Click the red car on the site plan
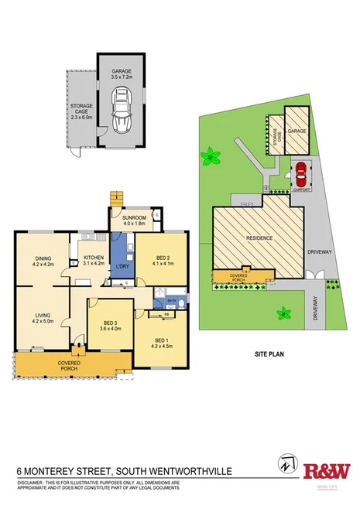point(300,171)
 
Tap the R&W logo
point(326,471)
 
